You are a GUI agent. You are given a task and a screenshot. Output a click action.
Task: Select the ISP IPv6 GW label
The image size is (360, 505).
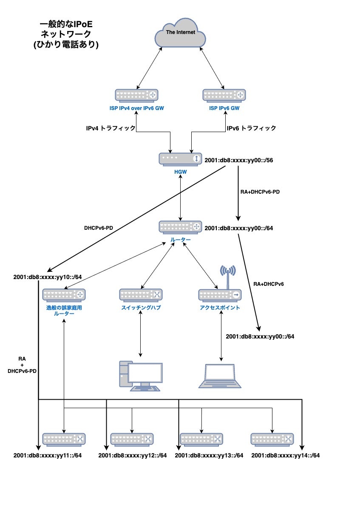point(224,109)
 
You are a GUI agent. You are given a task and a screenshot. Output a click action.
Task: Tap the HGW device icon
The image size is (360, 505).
point(180,159)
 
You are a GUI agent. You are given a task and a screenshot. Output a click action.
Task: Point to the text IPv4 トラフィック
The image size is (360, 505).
point(111,128)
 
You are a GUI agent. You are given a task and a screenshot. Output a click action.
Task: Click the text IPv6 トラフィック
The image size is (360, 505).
point(251,128)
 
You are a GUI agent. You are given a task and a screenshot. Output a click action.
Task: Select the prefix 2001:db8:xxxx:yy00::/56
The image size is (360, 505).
point(238,161)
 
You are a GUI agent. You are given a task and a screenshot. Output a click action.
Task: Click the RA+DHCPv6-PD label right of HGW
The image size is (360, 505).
point(260,192)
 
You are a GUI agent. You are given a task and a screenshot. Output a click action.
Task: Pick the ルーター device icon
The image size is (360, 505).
point(180,227)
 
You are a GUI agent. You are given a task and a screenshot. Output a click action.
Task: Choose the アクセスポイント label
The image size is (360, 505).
point(220,308)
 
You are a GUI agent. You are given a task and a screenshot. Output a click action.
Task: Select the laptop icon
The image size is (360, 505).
point(220,376)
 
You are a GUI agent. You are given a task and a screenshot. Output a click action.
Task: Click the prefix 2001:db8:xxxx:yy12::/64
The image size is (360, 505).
point(133,455)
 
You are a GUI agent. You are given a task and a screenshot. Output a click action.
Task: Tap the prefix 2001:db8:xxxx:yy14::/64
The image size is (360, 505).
point(286,455)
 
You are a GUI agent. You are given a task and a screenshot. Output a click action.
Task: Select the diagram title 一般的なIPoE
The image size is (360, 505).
point(65,24)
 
